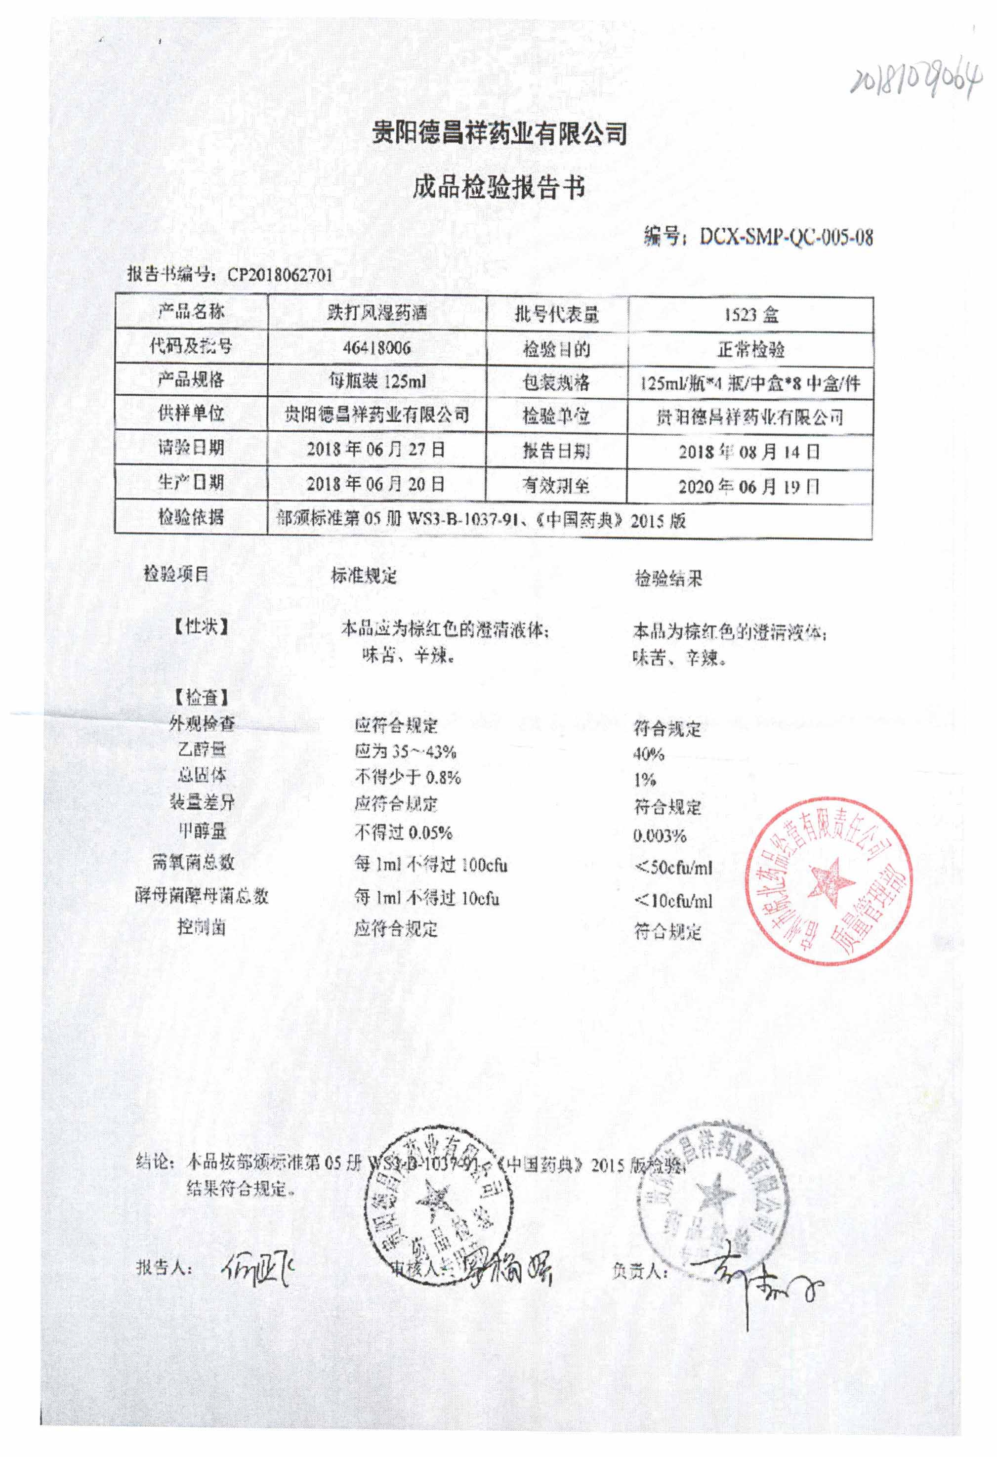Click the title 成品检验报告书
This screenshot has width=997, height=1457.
coord(498,187)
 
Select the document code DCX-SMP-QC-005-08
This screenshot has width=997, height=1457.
coord(786,238)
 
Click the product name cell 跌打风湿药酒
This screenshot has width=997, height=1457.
coord(377,312)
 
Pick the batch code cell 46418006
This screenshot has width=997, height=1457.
coord(377,347)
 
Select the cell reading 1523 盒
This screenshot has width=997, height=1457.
coord(750,314)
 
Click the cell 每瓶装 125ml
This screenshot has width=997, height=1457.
coord(377,380)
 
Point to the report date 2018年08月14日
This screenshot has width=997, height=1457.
coord(749,452)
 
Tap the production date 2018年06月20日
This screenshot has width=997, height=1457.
coord(375,484)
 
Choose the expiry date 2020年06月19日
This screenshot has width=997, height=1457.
coord(749,487)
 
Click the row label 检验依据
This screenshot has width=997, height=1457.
coord(191,517)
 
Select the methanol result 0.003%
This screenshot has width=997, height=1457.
coord(660,835)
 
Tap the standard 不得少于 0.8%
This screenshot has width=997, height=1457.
coord(408,778)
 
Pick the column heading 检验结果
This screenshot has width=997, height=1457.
coord(668,578)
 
